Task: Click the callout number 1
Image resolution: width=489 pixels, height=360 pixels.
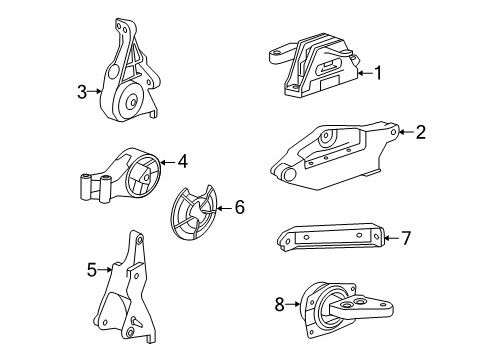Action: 378,71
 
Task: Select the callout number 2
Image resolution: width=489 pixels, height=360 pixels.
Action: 420,131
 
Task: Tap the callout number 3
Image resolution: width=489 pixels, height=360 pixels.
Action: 82,92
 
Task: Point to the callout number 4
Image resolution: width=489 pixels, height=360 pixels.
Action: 184,160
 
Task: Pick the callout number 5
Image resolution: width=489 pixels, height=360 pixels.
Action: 91,268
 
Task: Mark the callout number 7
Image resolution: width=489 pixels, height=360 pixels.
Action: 406,237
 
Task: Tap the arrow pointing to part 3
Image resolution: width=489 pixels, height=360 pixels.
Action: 97,92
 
